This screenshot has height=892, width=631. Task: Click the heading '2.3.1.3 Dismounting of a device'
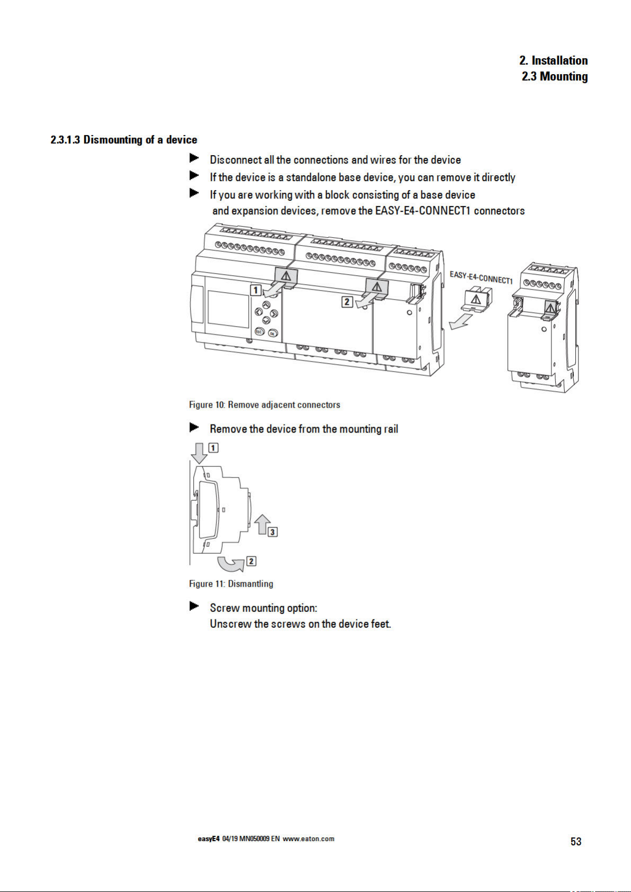(124, 140)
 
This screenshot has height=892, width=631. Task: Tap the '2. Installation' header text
(553, 60)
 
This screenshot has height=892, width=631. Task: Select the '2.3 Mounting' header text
(554, 76)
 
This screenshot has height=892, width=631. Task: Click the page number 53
(576, 841)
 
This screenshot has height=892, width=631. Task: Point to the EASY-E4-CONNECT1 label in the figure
(481, 277)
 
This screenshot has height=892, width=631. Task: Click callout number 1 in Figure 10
(256, 290)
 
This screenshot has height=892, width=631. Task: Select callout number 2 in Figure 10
(347, 301)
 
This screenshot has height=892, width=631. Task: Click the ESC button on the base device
(259, 331)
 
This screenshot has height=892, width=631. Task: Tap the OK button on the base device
(272, 333)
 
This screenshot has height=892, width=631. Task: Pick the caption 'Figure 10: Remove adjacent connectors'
(264, 405)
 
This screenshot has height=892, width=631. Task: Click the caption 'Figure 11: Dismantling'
(231, 584)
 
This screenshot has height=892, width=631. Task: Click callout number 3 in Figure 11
(273, 531)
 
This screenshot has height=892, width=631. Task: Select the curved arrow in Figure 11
(231, 564)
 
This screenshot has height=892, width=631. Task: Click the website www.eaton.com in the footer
(309, 839)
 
